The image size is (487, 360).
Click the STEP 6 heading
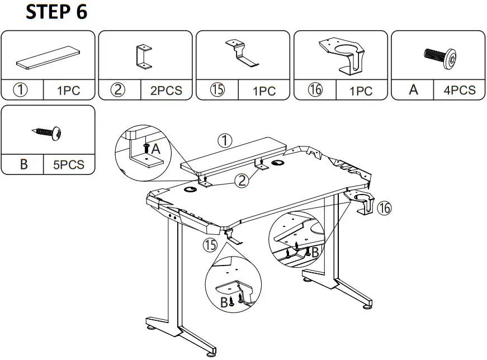click(x=56, y=13)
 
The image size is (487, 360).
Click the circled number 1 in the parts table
click(x=22, y=89)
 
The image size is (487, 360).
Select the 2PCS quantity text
click(x=166, y=90)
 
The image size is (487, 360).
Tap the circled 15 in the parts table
click(x=217, y=90)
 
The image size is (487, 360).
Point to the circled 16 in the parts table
click(x=315, y=90)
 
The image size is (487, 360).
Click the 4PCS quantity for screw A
click(x=460, y=89)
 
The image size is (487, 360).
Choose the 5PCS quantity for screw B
click(x=69, y=164)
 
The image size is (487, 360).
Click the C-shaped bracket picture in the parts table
click(x=144, y=56)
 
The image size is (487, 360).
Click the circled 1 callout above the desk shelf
click(x=224, y=141)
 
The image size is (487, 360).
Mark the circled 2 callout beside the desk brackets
click(x=242, y=180)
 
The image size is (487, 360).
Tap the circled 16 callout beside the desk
click(x=384, y=209)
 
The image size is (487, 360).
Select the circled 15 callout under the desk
click(x=210, y=245)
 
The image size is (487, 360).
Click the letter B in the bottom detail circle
click(x=224, y=302)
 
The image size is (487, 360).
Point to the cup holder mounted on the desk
click(x=361, y=201)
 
